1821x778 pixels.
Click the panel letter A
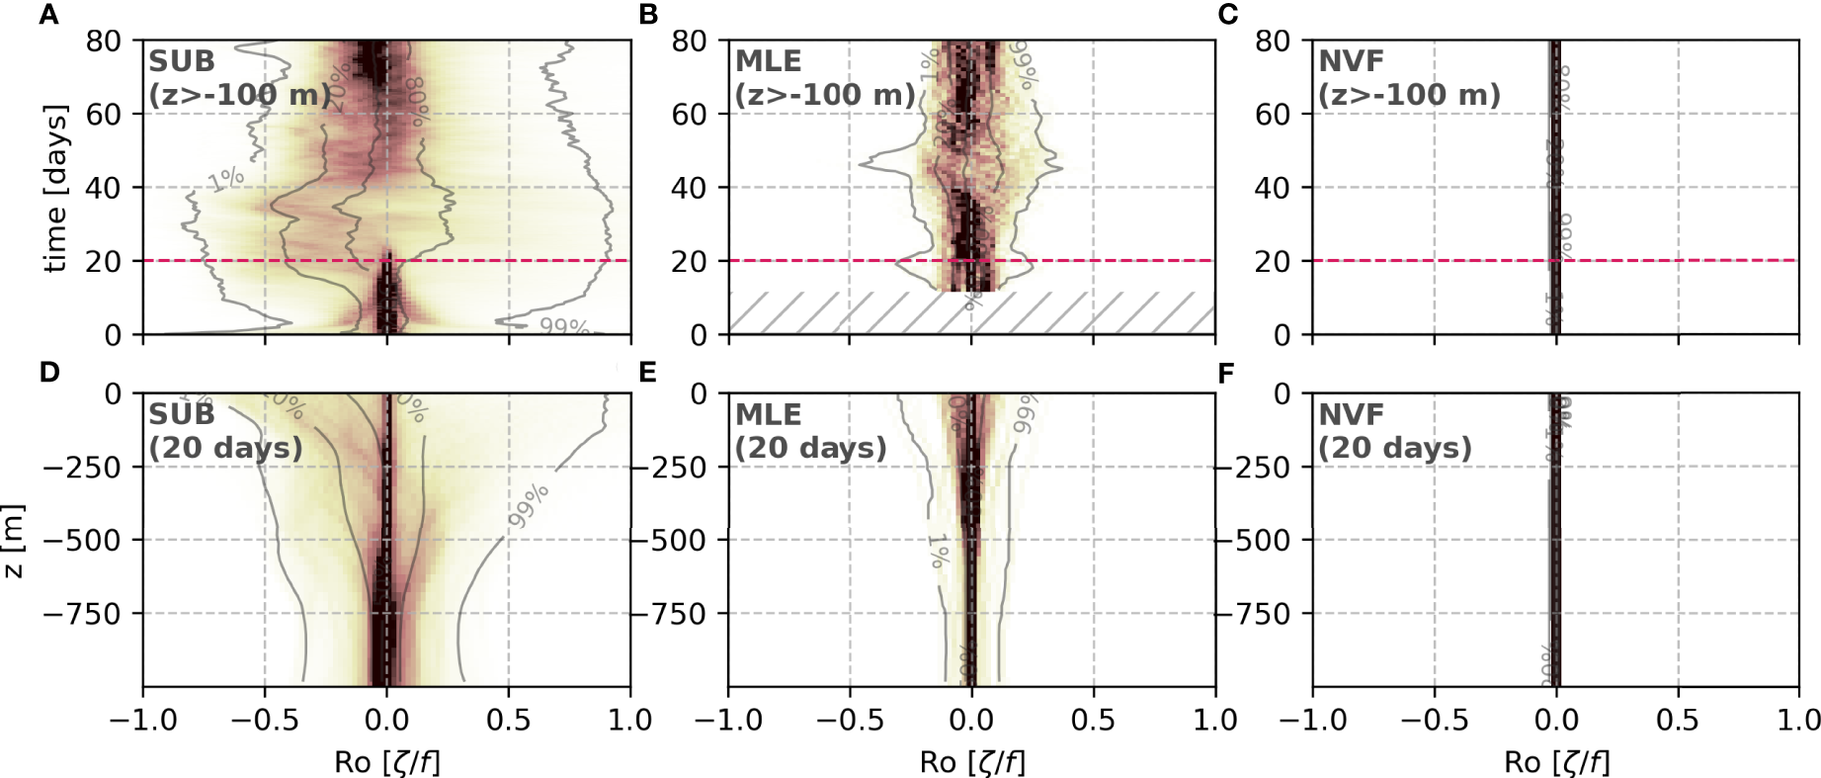click(x=48, y=14)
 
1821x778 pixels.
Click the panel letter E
click(x=648, y=372)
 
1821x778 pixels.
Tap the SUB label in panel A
click(x=182, y=61)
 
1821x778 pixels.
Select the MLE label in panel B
click(x=769, y=61)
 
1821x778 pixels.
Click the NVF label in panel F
click(x=1352, y=415)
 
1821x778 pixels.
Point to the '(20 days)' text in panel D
click(x=226, y=448)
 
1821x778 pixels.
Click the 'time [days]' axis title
click(x=56, y=188)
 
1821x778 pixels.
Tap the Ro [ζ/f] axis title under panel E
click(x=972, y=762)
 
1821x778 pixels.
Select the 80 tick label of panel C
click(x=1273, y=42)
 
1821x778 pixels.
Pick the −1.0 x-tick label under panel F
click(x=1312, y=720)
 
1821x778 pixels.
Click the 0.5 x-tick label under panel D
click(x=508, y=720)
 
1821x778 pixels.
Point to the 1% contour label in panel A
click(x=226, y=179)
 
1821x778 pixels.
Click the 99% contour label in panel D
click(x=529, y=505)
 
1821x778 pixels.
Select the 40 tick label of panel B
click(x=690, y=188)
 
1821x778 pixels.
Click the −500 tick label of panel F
click(x=1259, y=541)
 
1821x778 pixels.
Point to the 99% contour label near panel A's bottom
click(x=563, y=327)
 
